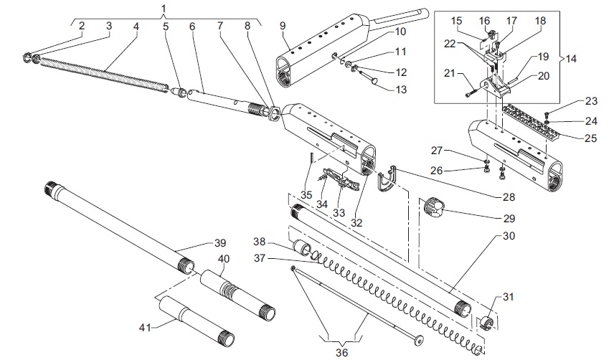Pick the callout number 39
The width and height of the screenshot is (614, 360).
[x=220, y=242]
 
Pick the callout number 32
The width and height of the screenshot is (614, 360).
[x=356, y=222]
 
